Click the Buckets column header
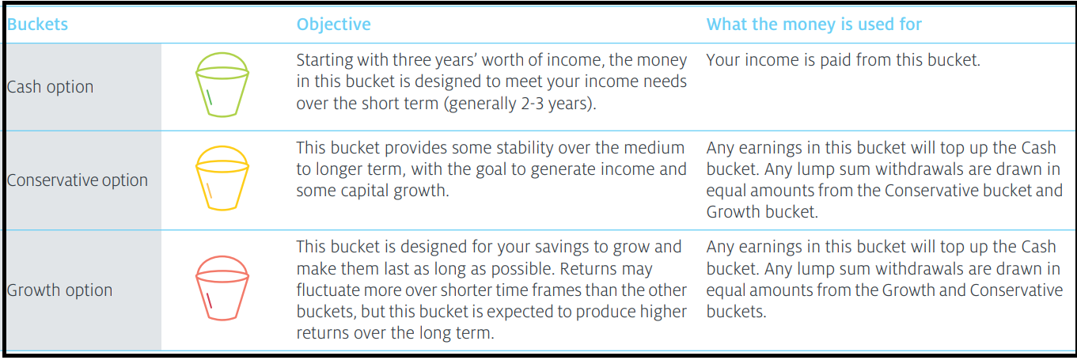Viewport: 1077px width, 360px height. (x=37, y=25)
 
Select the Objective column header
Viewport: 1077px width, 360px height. (x=333, y=25)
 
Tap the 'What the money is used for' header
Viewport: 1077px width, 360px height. (x=813, y=25)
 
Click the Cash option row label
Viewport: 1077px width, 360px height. (x=50, y=87)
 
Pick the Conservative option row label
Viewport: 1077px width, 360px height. (x=78, y=180)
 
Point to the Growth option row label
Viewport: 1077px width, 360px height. (x=59, y=290)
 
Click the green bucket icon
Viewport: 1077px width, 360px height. (x=222, y=85)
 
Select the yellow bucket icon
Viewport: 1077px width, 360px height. (x=222, y=178)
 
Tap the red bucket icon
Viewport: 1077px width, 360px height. (x=222, y=288)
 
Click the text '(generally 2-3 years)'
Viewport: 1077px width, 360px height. (x=521, y=104)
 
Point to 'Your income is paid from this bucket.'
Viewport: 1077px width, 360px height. (x=843, y=60)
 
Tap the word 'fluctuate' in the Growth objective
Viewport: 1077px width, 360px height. (x=325, y=290)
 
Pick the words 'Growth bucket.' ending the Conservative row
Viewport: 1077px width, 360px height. (x=762, y=212)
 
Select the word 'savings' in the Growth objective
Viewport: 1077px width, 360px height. (x=560, y=247)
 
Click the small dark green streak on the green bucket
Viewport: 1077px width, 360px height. (x=209, y=97)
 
